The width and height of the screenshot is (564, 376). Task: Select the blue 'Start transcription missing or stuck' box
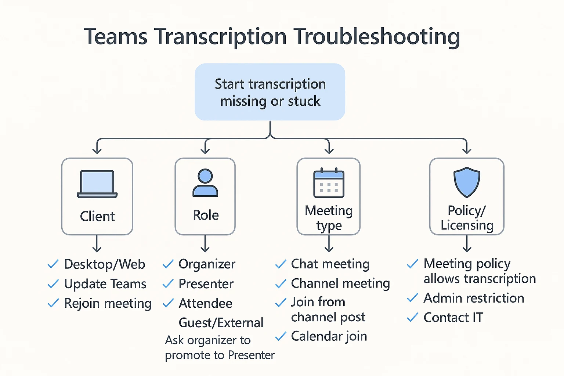click(270, 92)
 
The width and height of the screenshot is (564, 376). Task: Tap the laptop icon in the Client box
click(97, 184)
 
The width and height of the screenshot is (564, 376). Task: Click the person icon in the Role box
click(205, 183)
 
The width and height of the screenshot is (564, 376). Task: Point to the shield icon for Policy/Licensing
click(467, 182)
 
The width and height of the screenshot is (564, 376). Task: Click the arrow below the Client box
click(97, 244)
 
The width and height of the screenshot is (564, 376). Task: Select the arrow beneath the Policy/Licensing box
click(467, 244)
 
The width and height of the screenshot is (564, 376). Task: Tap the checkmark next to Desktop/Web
click(53, 264)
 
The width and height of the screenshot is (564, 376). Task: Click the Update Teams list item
click(105, 284)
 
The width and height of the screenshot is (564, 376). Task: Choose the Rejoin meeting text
click(108, 303)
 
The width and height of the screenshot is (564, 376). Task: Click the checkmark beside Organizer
click(168, 264)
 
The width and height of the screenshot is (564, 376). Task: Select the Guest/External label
click(221, 323)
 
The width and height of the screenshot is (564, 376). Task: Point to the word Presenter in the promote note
click(251, 355)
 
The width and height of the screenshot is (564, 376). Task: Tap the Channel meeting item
click(340, 283)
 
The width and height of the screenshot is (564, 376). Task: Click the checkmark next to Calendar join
click(281, 336)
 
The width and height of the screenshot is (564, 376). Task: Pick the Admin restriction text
click(474, 298)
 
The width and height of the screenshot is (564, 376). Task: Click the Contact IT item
click(453, 317)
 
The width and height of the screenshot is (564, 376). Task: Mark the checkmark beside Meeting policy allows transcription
click(412, 264)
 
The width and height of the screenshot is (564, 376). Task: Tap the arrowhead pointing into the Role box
click(205, 151)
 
